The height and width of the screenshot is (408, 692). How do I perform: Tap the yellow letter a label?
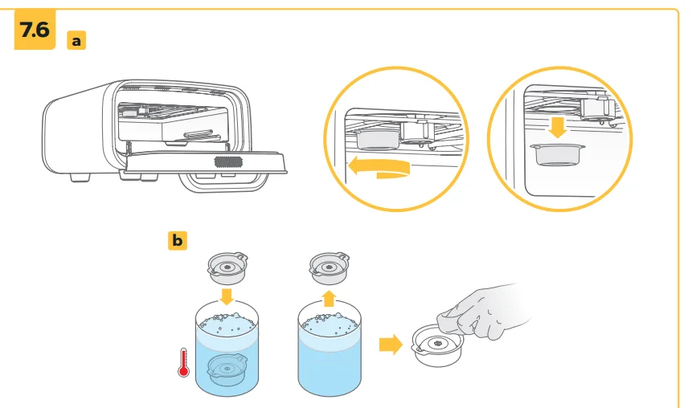coord(76,39)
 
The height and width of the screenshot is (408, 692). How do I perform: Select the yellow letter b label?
coord(178,239)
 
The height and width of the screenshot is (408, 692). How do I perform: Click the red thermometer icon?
coord(182,361)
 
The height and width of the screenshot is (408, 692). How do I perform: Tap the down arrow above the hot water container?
coord(227,297)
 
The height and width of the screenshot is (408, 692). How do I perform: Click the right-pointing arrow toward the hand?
coord(391,344)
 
